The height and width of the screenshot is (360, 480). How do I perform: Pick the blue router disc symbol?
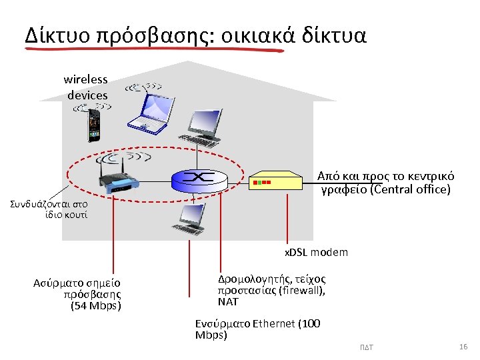[x=199, y=178]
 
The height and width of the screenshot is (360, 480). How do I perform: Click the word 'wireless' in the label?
[x=85, y=79]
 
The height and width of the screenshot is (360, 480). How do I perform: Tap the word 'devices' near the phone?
[x=87, y=95]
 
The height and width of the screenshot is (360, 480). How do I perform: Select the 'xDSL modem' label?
[x=316, y=253]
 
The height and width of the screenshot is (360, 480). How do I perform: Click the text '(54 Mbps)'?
[x=96, y=306]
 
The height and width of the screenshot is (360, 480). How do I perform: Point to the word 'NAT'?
[x=228, y=302]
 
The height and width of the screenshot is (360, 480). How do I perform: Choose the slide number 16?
[x=464, y=347]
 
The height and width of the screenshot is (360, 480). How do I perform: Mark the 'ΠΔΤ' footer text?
[x=366, y=349]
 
